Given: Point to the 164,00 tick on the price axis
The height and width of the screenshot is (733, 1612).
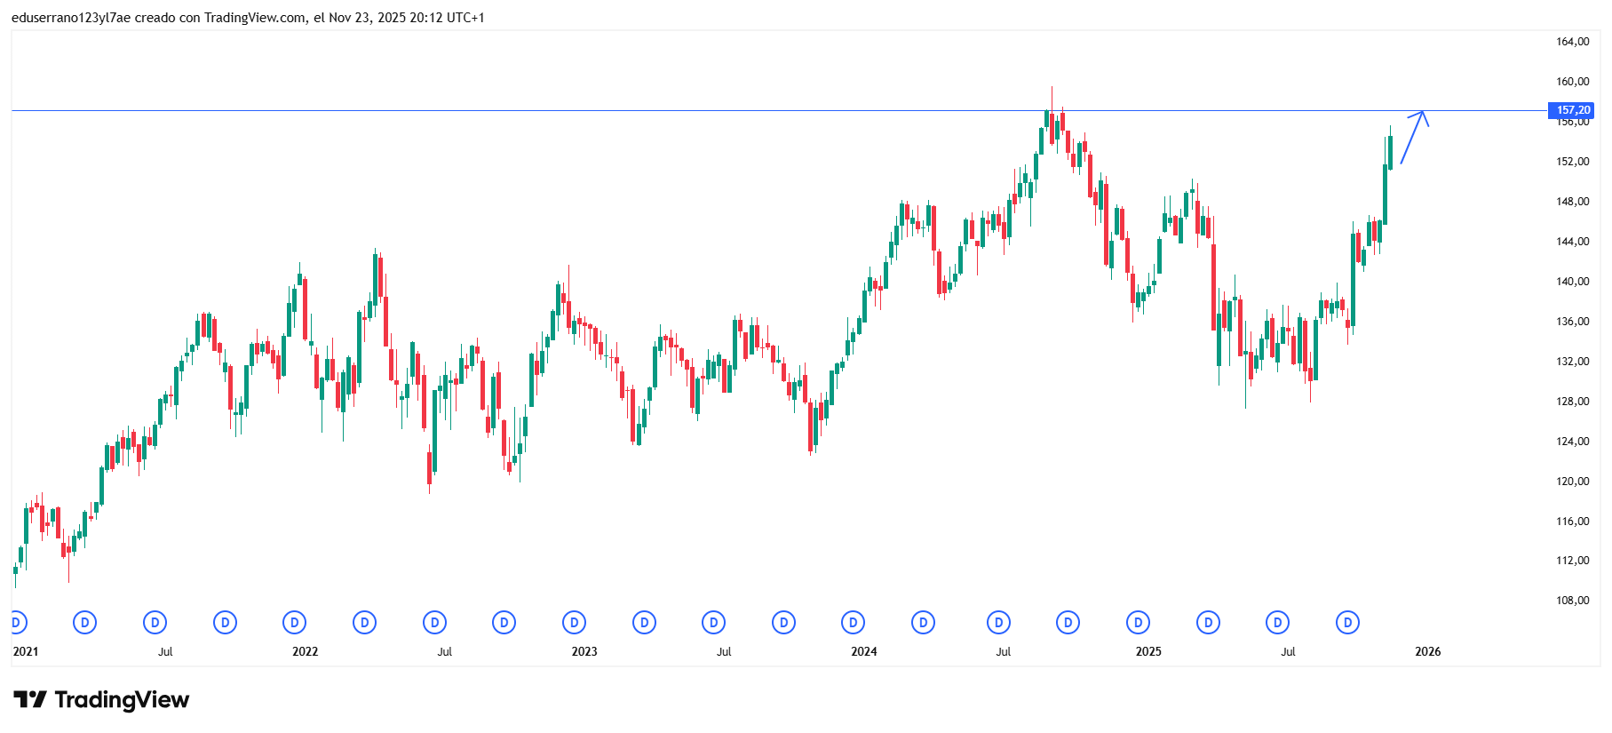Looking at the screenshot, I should point(1572,42).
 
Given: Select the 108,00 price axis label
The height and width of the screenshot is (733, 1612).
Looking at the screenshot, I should point(1572,601).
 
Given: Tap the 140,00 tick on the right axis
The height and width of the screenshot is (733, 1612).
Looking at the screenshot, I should point(1572,282).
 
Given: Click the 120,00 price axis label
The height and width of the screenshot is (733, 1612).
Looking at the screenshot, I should point(1572,482).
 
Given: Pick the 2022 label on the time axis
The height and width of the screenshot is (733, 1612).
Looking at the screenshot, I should point(305,651).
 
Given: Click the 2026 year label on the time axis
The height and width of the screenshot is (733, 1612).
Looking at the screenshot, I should point(1427,651).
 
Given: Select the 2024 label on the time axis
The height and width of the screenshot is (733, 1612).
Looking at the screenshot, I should point(863,651).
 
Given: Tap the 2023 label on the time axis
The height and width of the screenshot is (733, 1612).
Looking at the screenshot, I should point(584,651).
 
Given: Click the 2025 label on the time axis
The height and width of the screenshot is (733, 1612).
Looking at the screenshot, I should point(1147,651).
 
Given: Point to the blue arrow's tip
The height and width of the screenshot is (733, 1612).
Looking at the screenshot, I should point(1423,112).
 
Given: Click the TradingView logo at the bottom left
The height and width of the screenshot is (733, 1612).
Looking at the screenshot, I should point(101,700).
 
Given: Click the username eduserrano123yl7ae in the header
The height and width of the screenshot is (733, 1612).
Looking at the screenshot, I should point(71,18).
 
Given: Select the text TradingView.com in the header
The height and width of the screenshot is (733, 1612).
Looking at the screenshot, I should point(255,18).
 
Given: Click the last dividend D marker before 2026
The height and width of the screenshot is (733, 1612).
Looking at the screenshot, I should point(1347,623).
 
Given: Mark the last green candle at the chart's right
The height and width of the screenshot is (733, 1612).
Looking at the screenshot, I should point(1390,151).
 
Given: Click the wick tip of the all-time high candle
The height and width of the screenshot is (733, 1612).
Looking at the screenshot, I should point(1052,87).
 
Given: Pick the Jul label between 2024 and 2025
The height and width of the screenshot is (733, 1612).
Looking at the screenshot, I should point(1003,651).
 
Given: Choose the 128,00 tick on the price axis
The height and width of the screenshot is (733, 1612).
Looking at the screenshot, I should point(1572,402).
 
